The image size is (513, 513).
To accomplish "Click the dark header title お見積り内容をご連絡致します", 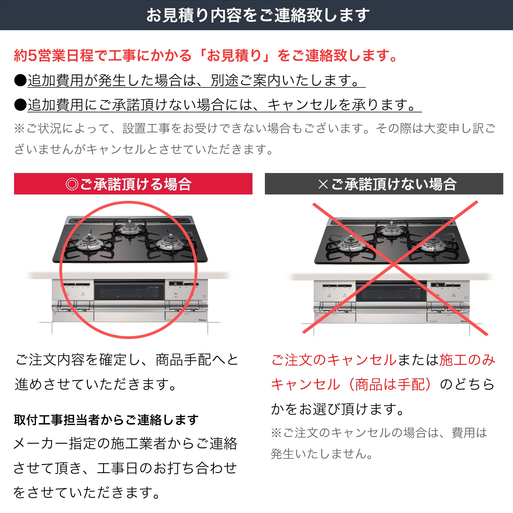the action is point(258,15).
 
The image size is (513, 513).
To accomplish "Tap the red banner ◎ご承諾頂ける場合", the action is point(133,184).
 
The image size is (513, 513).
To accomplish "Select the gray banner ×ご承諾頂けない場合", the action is point(384,184).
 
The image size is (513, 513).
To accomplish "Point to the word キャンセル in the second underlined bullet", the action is point(302,105).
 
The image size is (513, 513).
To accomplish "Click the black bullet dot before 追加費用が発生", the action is point(20,80).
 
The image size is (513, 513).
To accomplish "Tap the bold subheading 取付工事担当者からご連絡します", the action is point(106,420).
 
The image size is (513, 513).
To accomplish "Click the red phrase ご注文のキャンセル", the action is point(334,360).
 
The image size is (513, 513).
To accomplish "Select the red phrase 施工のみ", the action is point(467,360).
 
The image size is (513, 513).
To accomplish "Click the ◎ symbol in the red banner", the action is point(72,184).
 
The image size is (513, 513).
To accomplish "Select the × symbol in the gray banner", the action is point(323,184).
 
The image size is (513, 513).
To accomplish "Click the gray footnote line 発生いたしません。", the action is point(322,454).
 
